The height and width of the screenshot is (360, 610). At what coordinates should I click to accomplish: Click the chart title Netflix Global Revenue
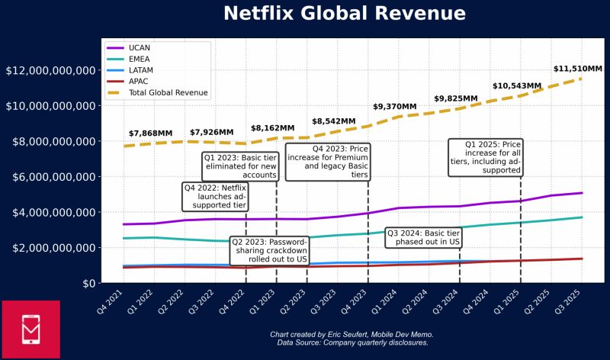[344, 14]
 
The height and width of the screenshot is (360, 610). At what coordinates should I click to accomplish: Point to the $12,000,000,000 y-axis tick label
[51, 71]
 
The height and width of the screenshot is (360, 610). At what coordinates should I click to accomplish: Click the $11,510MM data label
[577, 69]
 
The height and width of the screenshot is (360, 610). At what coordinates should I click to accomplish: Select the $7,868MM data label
[150, 133]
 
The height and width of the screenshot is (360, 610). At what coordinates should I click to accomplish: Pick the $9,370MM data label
[394, 107]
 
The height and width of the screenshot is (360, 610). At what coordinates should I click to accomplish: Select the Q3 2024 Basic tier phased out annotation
[424, 237]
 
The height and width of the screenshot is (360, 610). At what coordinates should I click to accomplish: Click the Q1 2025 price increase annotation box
[486, 157]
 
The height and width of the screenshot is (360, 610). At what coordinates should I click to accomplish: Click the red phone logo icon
[30, 329]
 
